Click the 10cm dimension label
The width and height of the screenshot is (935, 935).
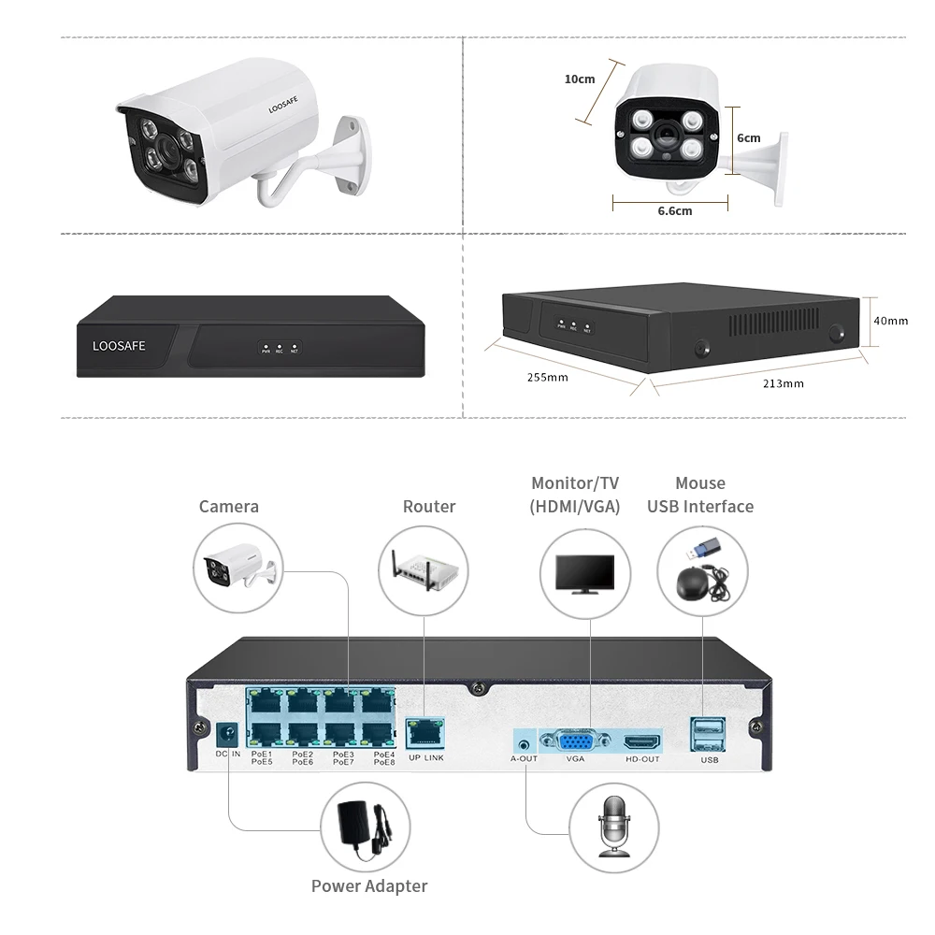(580, 79)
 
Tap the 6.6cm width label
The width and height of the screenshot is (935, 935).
(674, 210)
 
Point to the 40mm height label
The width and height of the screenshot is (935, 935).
(890, 321)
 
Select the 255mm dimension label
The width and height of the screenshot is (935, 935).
(547, 378)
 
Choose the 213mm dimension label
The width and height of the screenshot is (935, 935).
(784, 383)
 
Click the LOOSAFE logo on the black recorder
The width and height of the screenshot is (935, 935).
(119, 346)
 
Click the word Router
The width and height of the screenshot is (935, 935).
(429, 507)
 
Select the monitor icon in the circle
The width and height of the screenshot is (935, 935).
(585, 572)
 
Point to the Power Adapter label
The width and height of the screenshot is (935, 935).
(369, 886)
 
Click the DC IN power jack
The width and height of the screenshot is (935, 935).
(225, 734)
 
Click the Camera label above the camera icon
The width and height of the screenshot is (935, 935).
(229, 507)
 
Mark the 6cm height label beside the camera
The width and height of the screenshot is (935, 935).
(748, 137)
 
